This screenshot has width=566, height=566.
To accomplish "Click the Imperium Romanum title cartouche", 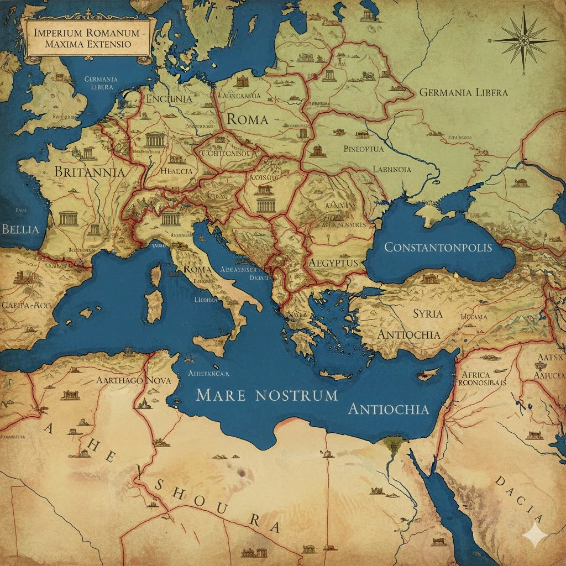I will (x=88, y=38).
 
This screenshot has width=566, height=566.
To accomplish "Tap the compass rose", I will (x=525, y=41).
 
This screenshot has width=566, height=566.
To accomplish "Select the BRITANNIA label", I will (x=89, y=171).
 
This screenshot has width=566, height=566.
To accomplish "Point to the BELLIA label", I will (x=20, y=229).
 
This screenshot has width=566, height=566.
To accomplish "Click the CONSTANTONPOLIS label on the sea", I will (x=438, y=247).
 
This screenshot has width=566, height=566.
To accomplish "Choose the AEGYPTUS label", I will (x=334, y=262).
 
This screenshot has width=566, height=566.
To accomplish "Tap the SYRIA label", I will (x=428, y=313).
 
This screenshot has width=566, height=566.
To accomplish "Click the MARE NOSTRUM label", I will (x=266, y=395).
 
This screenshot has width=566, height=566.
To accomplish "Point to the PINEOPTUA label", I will (x=365, y=149).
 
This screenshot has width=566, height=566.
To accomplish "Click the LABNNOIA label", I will (x=392, y=169).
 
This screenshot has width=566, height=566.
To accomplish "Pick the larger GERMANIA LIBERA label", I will (x=463, y=92).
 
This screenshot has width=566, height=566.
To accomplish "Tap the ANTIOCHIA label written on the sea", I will (x=389, y=409).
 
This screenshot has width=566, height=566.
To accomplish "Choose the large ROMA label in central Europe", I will (x=247, y=119).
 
